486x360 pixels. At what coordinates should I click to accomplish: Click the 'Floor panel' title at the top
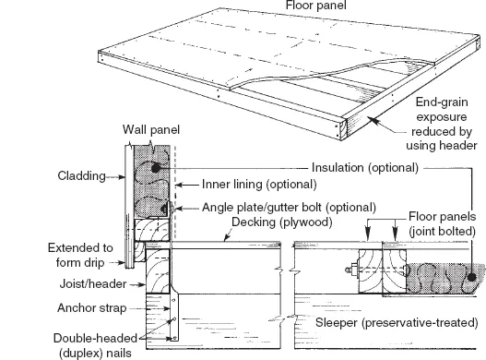coord(315,6)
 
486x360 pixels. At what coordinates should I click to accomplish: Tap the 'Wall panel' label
coord(151,130)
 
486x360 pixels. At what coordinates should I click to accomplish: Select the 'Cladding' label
coord(81,176)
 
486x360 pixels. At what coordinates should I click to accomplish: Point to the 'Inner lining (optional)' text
coord(259,185)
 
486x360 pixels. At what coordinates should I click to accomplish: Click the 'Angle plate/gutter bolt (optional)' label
coord(289,207)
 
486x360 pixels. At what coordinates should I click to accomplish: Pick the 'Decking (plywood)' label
coord(282,222)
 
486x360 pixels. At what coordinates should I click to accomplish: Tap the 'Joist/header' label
coord(93,284)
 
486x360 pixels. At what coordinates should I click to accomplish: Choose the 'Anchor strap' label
coord(91,308)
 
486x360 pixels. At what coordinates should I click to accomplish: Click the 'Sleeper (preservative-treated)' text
coord(397,323)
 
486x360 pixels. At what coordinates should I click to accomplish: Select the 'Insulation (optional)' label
coord(365,168)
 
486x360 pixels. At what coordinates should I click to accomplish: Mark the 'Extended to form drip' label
coord(80,255)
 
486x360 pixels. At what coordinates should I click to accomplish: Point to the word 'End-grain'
coord(442,102)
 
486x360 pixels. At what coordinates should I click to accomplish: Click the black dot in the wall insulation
coord(155,168)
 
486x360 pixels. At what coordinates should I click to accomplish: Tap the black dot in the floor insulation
coord(471,277)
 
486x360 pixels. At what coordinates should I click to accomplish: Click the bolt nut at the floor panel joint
coord(352,270)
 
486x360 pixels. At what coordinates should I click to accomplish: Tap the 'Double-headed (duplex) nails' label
coord(95,345)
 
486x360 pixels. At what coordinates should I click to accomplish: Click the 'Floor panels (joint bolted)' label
coord(442,223)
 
